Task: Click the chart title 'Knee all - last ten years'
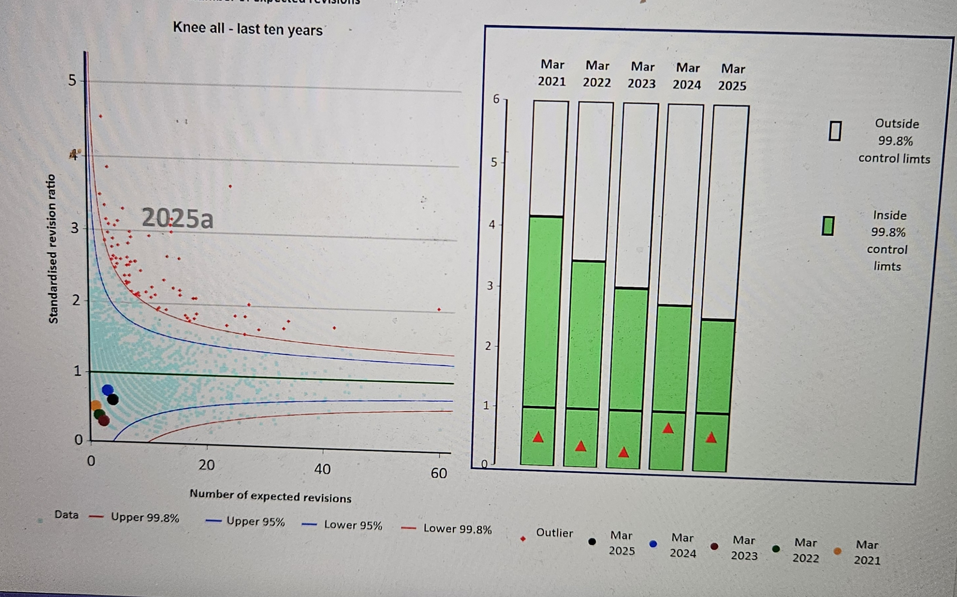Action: [x=248, y=29]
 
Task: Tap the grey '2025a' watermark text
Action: [x=177, y=218]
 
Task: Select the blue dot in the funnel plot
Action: [x=108, y=390]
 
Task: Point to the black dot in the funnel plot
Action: [x=113, y=400]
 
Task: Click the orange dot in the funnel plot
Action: [x=96, y=405]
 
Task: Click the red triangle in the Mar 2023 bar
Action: [x=623, y=453]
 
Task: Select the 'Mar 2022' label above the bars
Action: [x=597, y=74]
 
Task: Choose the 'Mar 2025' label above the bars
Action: [x=732, y=77]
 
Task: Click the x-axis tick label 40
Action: [x=322, y=469]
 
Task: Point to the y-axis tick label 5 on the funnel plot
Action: [x=72, y=81]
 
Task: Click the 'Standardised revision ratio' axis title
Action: [x=53, y=249]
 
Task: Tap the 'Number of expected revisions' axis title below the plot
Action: [x=271, y=496]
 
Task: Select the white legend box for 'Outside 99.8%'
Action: [x=835, y=131]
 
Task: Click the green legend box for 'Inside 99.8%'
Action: [x=828, y=226]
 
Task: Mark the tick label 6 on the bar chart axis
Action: [x=496, y=99]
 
